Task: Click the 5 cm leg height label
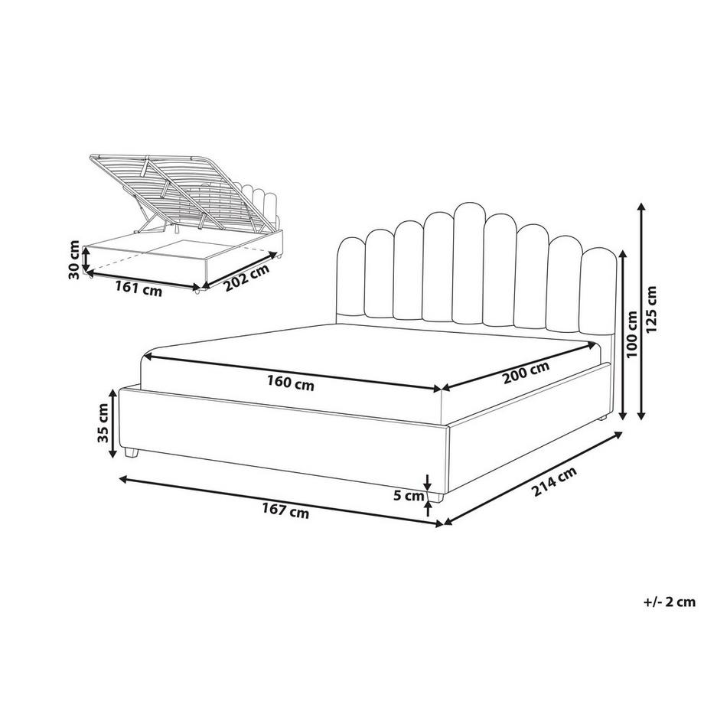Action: click(408, 496)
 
